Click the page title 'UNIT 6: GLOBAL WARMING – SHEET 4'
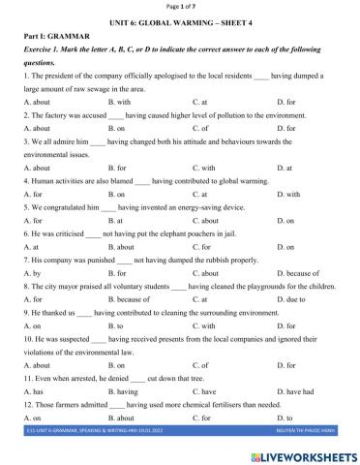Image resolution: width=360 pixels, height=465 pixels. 179,24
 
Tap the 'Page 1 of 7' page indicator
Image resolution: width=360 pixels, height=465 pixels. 180,7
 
